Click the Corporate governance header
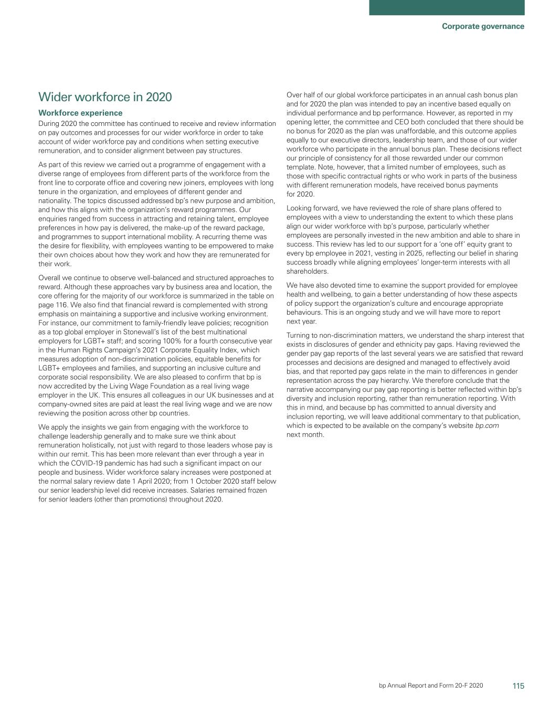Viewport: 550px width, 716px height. pos(483,26)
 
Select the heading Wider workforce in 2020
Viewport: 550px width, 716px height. pos(105,97)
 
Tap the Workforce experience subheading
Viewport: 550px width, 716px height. pos(80,113)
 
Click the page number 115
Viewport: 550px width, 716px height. pos(519,686)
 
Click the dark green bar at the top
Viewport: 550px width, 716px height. pos(447,7)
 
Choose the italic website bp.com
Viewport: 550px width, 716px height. pos(487,425)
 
